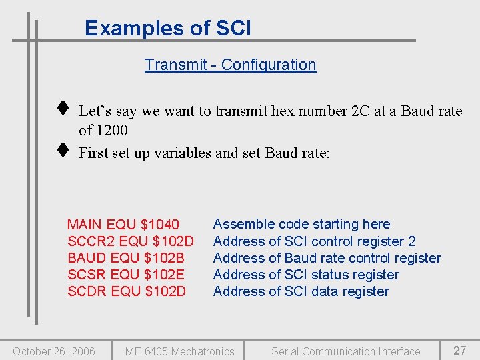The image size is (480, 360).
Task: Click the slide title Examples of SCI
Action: click(x=168, y=28)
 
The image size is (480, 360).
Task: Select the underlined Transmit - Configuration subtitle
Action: click(x=230, y=65)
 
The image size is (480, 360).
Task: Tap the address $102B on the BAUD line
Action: click(x=164, y=258)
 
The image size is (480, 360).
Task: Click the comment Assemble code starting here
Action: click(x=301, y=224)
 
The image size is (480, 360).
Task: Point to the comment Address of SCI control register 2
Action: click(x=314, y=241)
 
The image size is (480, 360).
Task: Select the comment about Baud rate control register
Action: click(x=327, y=258)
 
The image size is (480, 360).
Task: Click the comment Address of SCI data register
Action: click(x=301, y=291)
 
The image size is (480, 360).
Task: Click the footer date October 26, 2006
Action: click(x=54, y=351)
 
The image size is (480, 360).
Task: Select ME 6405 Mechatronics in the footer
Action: click(x=180, y=351)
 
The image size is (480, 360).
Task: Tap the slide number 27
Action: click(x=460, y=351)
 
